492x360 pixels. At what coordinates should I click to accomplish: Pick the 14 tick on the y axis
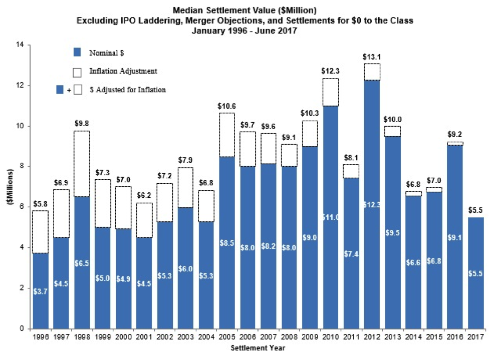click(x=21, y=45)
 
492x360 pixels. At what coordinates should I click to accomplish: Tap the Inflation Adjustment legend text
click(x=123, y=71)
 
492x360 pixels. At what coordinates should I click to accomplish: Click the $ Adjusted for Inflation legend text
click(x=127, y=90)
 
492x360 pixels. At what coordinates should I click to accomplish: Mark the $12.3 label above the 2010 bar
click(x=330, y=72)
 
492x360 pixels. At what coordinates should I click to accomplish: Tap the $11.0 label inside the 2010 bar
click(x=330, y=217)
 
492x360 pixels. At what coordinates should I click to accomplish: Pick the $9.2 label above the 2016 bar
click(x=454, y=134)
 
